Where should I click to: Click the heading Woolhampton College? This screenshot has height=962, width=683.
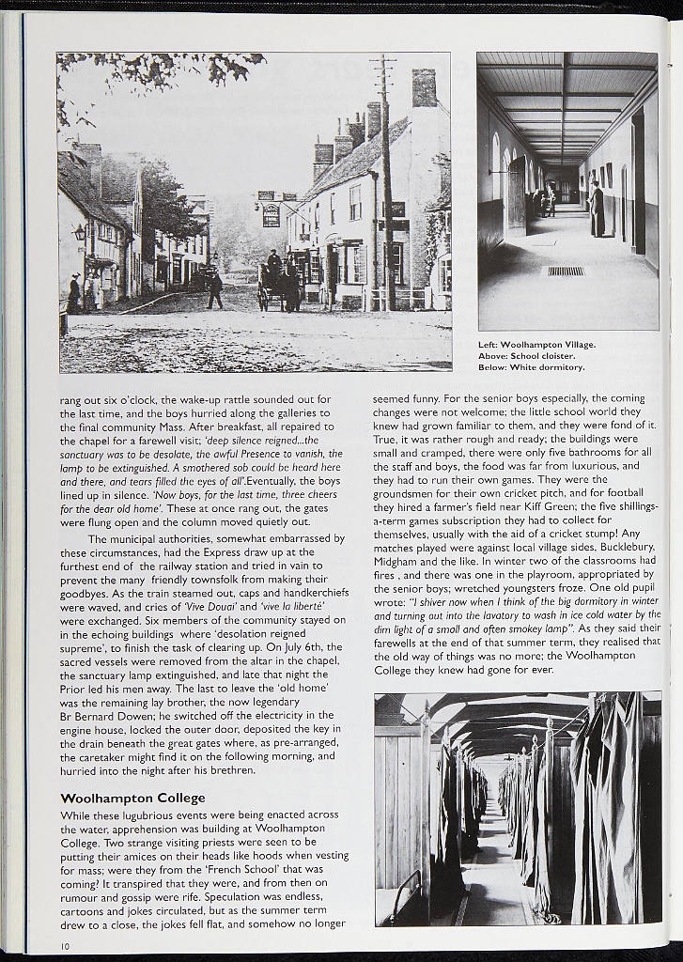pyautogui.click(x=132, y=798)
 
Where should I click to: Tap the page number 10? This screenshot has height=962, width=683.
pyautogui.click(x=65, y=945)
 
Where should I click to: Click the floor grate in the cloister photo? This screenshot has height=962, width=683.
pyautogui.click(x=565, y=271)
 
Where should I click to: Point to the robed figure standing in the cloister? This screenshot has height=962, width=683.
pyautogui.click(x=597, y=210)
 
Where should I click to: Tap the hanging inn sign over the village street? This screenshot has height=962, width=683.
pyautogui.click(x=271, y=215)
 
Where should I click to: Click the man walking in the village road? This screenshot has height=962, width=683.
pyautogui.click(x=215, y=290)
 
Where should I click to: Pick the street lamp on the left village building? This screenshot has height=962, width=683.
pyautogui.click(x=80, y=232)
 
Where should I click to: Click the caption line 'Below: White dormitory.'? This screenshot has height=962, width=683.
pyautogui.click(x=531, y=366)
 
